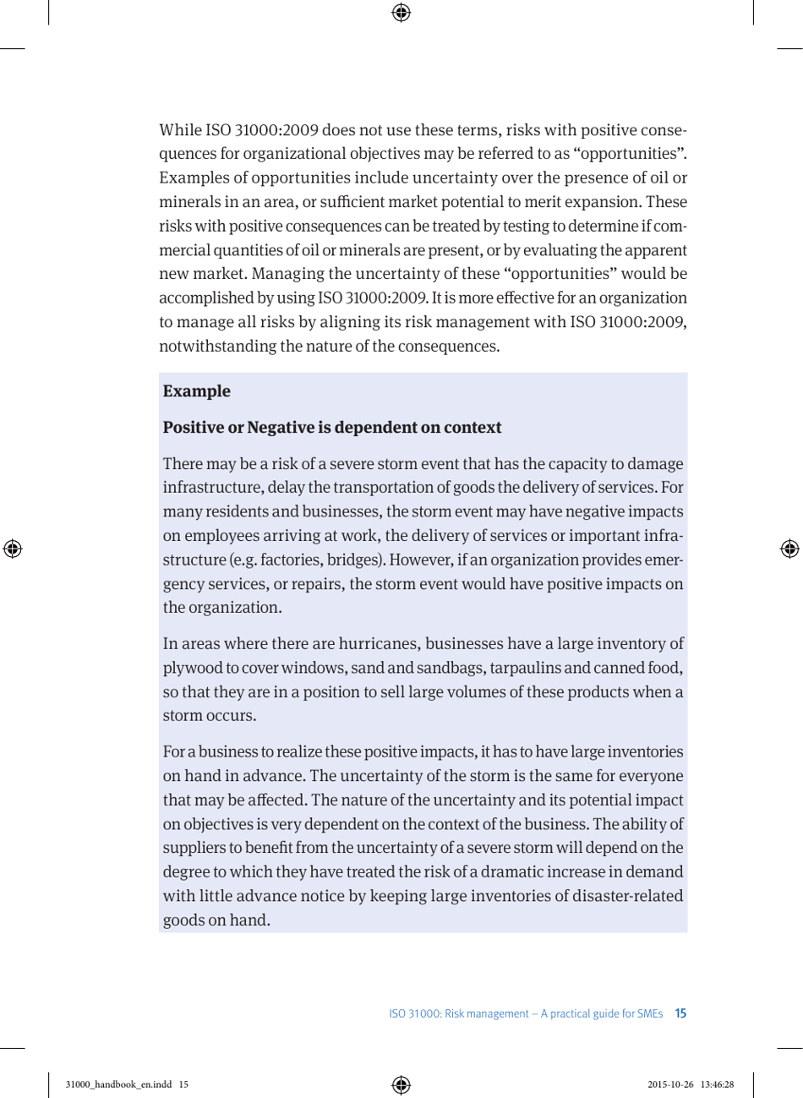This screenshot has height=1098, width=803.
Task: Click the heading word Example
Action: pyautogui.click(x=196, y=391)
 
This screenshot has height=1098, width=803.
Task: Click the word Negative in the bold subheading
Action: pyautogui.click(x=280, y=428)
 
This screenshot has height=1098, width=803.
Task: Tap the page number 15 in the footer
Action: pyautogui.click(x=680, y=1013)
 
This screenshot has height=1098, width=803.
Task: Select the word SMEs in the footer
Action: pyautogui.click(x=648, y=1013)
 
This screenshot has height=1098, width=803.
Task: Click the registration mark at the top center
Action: pyautogui.click(x=401, y=12)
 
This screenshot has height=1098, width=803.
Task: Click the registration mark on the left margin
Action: pyautogui.click(x=13, y=549)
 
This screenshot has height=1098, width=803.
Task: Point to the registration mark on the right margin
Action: pyautogui.click(x=789, y=549)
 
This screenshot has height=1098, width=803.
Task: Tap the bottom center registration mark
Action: pyautogui.click(x=401, y=1084)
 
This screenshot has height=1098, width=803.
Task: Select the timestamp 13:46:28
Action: pyautogui.click(x=716, y=1084)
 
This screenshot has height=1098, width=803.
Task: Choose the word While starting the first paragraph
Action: pyautogui.click(x=180, y=130)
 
